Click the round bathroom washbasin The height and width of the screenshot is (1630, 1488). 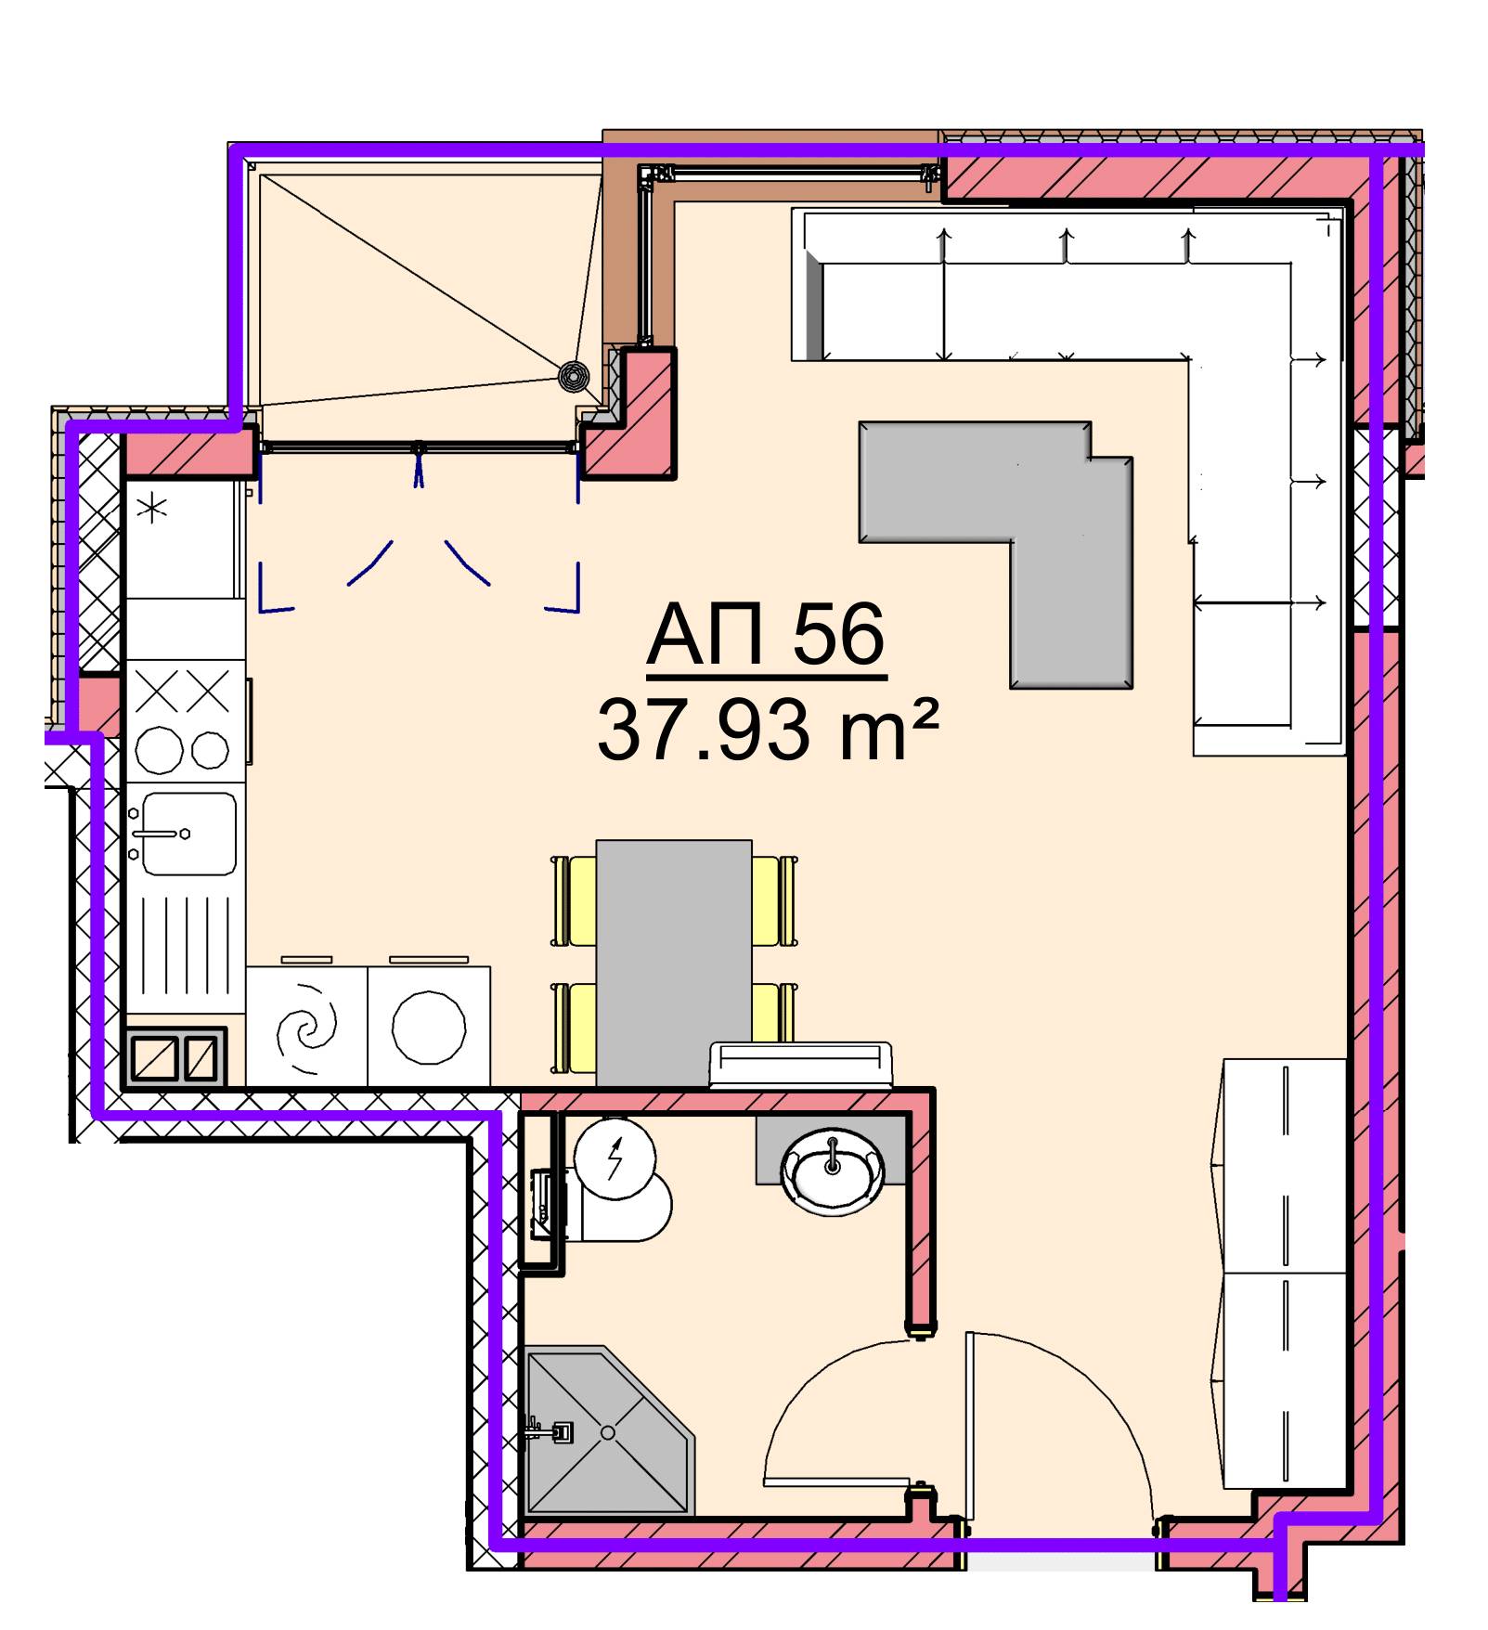coord(833,1174)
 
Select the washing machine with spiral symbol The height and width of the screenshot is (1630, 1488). coord(307,1027)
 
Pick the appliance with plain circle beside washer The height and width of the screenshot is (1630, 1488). coord(429,1027)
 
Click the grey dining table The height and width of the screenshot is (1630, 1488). coord(674,963)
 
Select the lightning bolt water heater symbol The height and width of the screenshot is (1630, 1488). coord(615,1159)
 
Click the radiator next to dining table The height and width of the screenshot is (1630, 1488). coord(800,1064)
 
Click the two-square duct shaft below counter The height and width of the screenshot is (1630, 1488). coord(175,1056)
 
